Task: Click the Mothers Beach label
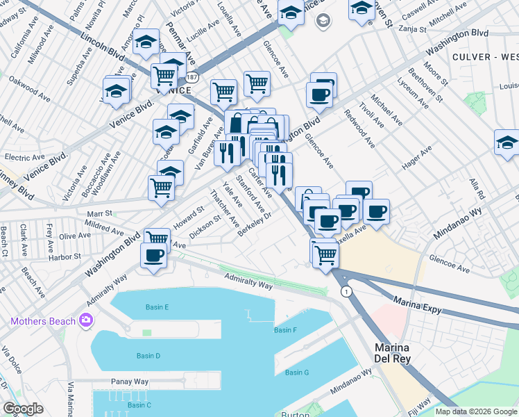(x=43, y=321)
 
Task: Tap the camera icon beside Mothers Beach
(x=85, y=320)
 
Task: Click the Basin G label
(x=297, y=373)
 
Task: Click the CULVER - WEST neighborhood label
(x=484, y=56)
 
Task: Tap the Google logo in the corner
(x=24, y=408)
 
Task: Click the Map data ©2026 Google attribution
(x=476, y=411)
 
